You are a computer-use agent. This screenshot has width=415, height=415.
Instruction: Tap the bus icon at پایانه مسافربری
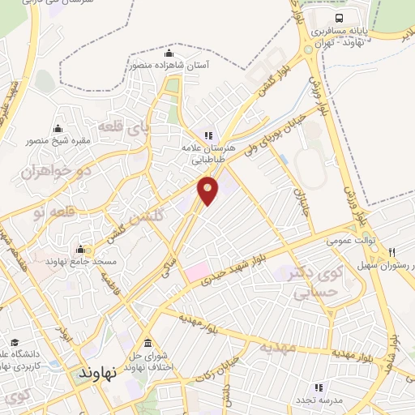click(x=338, y=18)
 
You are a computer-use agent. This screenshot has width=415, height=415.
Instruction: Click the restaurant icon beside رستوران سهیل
click(x=392, y=253)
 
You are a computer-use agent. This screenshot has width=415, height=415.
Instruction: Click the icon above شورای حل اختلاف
click(x=147, y=344)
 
